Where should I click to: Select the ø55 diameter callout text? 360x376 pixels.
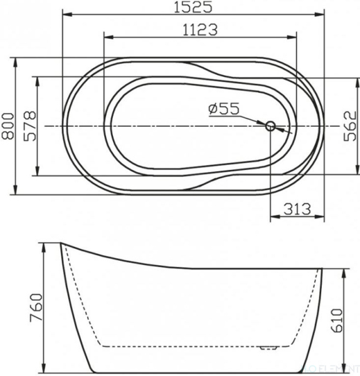click(x=225, y=109)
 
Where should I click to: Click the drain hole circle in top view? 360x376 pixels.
click(x=271, y=126)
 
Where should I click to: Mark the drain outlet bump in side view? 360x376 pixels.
click(x=270, y=345)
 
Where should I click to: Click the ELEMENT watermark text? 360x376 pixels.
click(x=339, y=370)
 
